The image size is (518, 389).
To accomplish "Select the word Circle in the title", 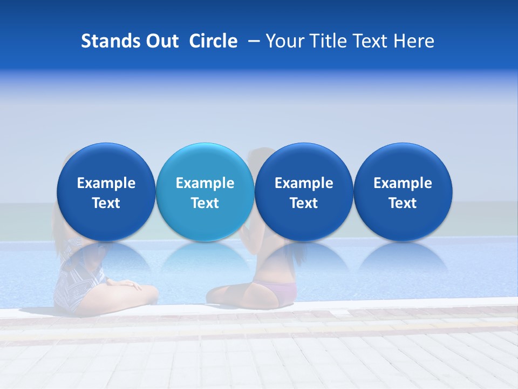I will coord(213,41).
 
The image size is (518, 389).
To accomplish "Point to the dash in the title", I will coord(252,41).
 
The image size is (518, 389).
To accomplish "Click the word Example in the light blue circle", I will coord(205,183).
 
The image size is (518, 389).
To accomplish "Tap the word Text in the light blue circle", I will coord(205,203).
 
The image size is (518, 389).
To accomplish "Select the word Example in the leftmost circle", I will coord(106,183).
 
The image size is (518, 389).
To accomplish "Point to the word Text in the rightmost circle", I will coord(403,203).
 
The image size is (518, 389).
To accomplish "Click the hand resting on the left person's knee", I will coord(129,283).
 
